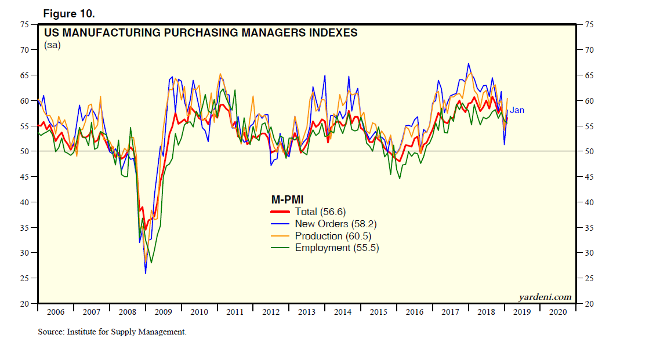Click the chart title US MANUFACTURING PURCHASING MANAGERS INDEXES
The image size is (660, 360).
click(201, 33)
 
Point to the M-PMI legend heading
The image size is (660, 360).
click(288, 200)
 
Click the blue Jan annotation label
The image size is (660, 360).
click(517, 110)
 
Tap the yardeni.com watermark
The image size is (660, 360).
click(545, 297)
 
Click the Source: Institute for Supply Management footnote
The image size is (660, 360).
click(112, 332)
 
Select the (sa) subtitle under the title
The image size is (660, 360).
click(52, 45)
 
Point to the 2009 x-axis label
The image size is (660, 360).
click(164, 312)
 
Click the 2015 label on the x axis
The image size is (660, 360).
click(379, 312)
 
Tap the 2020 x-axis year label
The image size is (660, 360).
click(558, 312)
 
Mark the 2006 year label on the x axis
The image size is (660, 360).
click(56, 312)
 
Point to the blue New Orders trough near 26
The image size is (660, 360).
click(145, 272)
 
